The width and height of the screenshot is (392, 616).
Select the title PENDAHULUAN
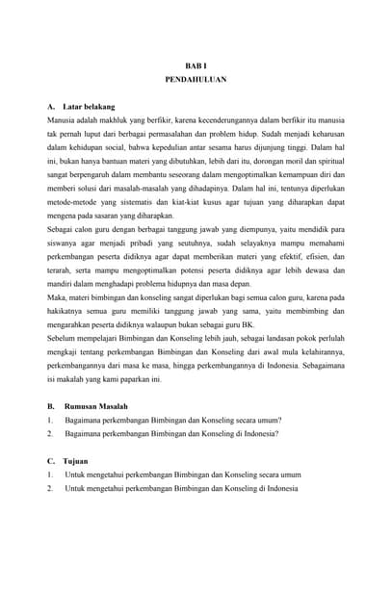pyautogui.click(x=196, y=80)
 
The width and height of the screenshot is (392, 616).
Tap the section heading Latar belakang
pyautogui.click(x=89, y=107)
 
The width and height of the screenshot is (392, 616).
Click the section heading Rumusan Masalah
pyautogui.click(x=95, y=407)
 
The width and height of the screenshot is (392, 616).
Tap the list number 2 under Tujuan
pyautogui.click(x=49, y=488)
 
